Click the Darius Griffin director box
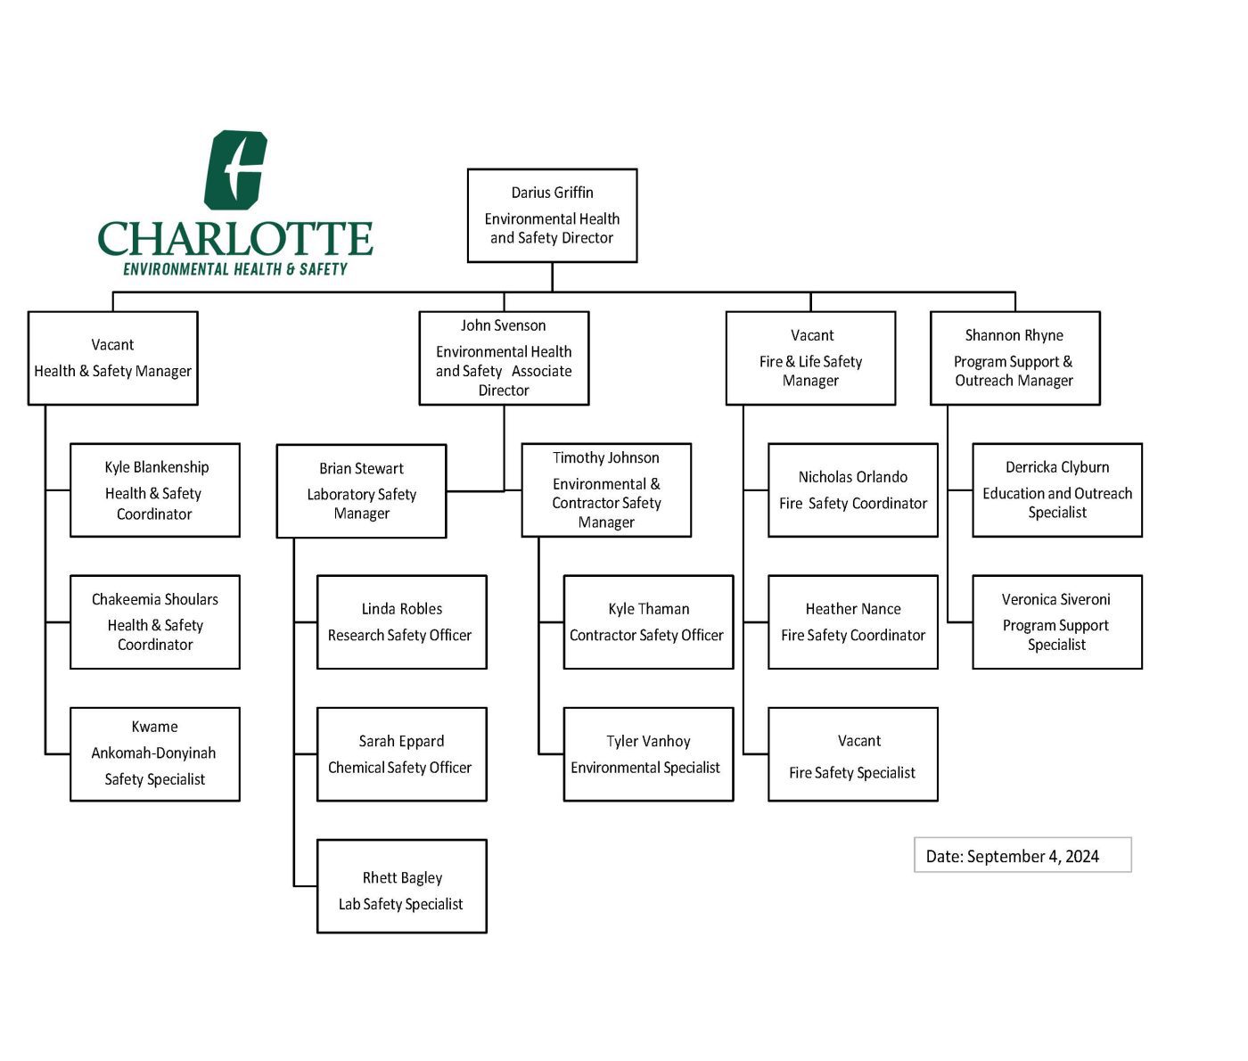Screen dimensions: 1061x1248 pos(552,216)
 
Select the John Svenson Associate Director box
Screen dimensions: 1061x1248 pos(504,358)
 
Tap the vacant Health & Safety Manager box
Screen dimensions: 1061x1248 pos(112,358)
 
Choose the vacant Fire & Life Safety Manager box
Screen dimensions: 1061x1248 pos(810,358)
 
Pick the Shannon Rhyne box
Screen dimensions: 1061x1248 pos(1014,358)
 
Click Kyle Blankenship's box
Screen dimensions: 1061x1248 pos(155,489)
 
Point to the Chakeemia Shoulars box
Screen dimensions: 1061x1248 pos(155,621)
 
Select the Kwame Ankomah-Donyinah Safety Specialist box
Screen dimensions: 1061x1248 pos(155,753)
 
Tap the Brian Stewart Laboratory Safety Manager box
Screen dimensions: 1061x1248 pos(361,490)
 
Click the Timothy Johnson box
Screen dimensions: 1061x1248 pos(606,489)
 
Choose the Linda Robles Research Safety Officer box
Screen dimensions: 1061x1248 pos(401,621)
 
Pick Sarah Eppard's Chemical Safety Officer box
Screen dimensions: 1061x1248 pos(401,753)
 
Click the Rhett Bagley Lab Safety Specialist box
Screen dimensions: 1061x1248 pos(401,885)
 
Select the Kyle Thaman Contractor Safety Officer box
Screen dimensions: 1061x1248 pos(648,621)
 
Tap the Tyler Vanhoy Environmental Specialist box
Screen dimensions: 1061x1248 pos(648,753)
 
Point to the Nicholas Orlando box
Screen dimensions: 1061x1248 pos(852,489)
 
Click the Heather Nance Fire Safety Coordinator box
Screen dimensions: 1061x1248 pos(852,621)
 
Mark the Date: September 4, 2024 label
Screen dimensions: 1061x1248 pos(1022,855)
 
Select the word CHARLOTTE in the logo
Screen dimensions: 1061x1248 pos(235,238)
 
